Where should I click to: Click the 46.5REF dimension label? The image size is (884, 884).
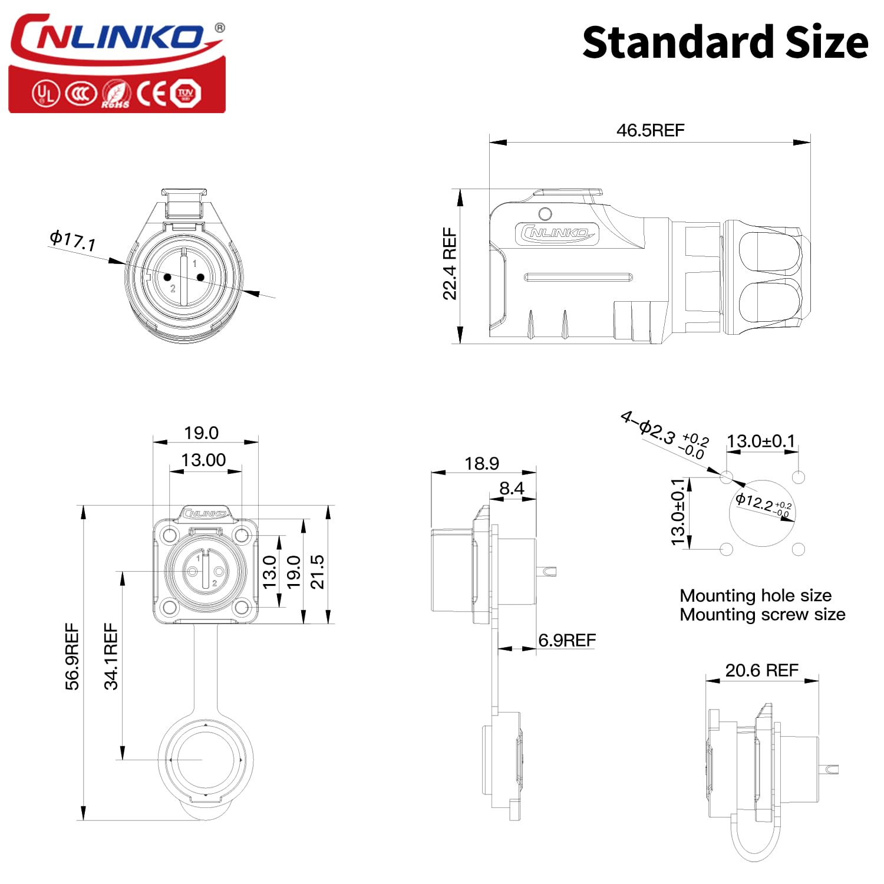click(650, 130)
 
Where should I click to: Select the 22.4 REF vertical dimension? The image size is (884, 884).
click(450, 263)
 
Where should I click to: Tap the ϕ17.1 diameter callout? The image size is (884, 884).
click(72, 240)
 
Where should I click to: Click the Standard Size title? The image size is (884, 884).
click(725, 42)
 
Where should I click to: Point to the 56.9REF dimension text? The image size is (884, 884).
click(72, 656)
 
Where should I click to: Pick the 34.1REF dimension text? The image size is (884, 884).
click(111, 656)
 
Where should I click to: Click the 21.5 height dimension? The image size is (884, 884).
click(317, 571)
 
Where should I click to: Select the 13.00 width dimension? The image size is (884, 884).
click(203, 460)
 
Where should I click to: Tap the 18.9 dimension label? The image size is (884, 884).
click(481, 464)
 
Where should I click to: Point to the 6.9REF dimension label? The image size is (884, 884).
click(567, 640)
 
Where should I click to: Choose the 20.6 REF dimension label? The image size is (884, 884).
click(761, 670)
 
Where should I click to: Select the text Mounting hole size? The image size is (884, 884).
click(756, 595)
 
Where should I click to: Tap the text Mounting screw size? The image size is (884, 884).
click(762, 615)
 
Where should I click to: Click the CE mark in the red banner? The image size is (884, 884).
click(151, 94)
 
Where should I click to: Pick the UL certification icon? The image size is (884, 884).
click(45, 94)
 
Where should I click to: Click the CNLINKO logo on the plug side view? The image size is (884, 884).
click(557, 233)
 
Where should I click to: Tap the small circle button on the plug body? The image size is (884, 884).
click(545, 213)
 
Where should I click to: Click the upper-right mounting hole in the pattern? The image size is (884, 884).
click(799, 477)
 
